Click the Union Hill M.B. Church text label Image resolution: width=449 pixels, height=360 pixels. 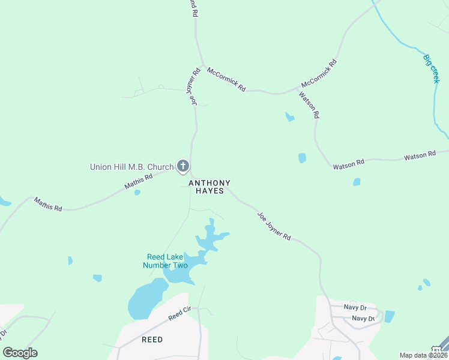point(131,167)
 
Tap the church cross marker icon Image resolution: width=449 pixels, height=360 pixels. point(183,167)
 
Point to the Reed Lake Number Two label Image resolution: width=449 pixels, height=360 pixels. point(165,261)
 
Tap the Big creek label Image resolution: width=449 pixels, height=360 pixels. point(431,68)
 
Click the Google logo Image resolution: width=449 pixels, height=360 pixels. point(20,353)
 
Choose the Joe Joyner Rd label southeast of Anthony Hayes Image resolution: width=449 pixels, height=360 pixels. point(274,226)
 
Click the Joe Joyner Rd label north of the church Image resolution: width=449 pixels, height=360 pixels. point(195,88)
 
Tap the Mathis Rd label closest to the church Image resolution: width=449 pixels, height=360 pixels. point(139,181)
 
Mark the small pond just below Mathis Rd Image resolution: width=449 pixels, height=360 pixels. point(137,193)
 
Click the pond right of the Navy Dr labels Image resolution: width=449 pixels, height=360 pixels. point(389,316)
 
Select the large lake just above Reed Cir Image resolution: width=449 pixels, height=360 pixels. point(146,299)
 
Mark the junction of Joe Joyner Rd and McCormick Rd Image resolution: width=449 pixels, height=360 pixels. point(203,65)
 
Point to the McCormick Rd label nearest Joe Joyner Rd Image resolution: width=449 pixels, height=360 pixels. point(226,79)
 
